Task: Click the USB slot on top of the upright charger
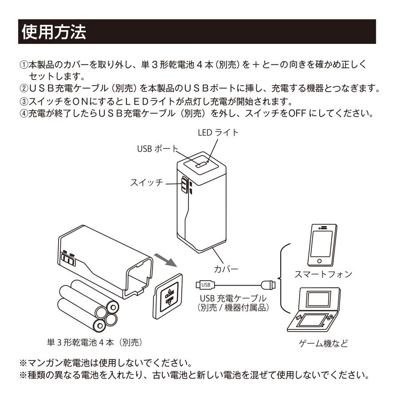pos(200,165)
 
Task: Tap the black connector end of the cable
pos(269,283)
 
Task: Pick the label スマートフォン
pos(324,274)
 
